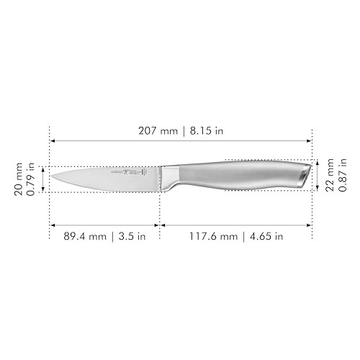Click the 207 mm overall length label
click(x=158, y=132)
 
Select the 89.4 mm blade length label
click(x=80, y=235)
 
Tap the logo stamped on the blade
click(x=134, y=174)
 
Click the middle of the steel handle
click(x=238, y=175)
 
